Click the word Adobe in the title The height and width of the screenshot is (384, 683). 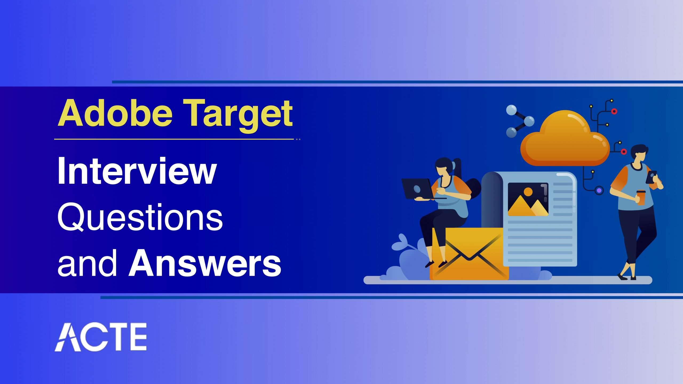pyautogui.click(x=115, y=113)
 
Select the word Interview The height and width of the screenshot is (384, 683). pyautogui.click(x=137, y=171)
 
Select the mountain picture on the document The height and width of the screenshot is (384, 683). pyautogui.click(x=528, y=199)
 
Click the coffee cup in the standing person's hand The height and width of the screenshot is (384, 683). pyautogui.click(x=641, y=197)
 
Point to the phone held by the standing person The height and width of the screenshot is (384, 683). pyautogui.click(x=651, y=177)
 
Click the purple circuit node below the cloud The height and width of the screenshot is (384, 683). pyautogui.click(x=599, y=190)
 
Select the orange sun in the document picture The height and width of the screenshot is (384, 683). pyautogui.click(x=528, y=191)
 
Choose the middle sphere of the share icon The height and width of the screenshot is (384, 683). pyautogui.click(x=529, y=121)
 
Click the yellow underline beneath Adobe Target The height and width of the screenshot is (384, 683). pyautogui.click(x=174, y=139)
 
